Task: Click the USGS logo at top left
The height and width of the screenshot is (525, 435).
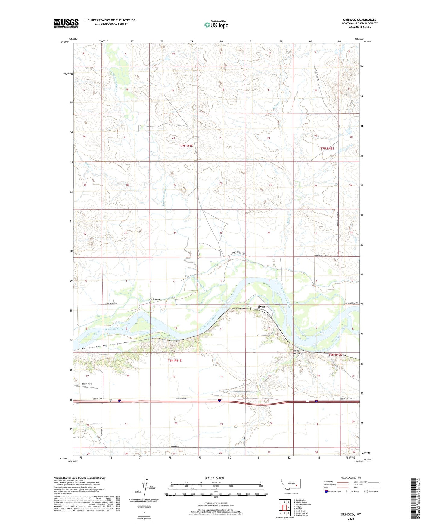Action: (x=66, y=23)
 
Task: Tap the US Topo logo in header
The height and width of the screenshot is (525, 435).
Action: (x=216, y=25)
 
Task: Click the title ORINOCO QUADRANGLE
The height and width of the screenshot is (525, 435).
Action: (x=359, y=20)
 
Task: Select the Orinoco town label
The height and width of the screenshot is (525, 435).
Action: (x=154, y=299)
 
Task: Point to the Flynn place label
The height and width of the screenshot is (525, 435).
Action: (x=261, y=307)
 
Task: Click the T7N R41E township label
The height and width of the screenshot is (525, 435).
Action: (x=186, y=146)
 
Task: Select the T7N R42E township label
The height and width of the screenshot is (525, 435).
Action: (x=327, y=149)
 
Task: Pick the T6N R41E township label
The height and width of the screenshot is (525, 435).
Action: (x=174, y=361)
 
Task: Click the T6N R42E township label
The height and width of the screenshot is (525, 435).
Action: (x=335, y=355)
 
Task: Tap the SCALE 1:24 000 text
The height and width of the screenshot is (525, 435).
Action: (x=214, y=478)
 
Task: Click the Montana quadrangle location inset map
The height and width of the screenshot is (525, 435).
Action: (x=291, y=485)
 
